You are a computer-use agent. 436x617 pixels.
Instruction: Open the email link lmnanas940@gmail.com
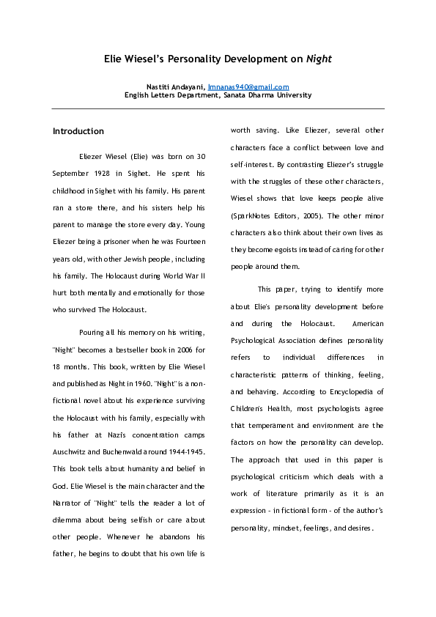(248, 87)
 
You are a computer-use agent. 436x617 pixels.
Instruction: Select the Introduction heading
(78, 131)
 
